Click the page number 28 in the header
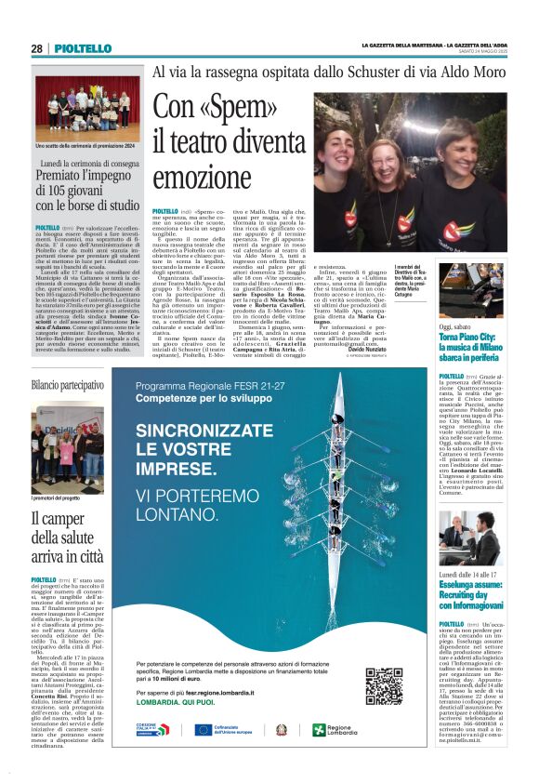coord(36,48)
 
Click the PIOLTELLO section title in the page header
coord(89,48)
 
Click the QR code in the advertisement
coord(384,686)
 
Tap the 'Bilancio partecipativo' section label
coord(68,384)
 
